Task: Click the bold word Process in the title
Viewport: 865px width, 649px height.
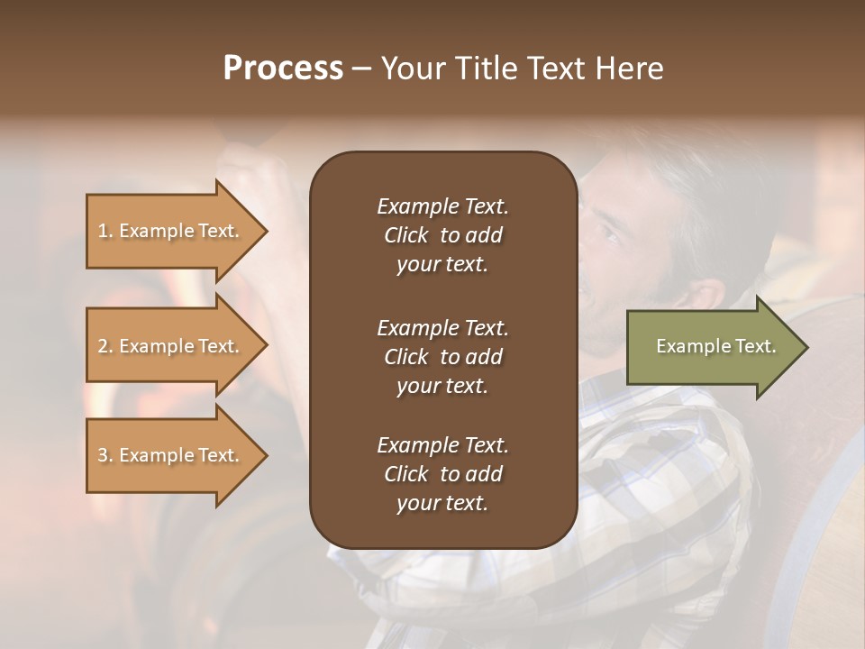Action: click(x=283, y=69)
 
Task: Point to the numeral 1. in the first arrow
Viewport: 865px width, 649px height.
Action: click(x=105, y=231)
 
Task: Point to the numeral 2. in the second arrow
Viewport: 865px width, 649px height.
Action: click(x=105, y=346)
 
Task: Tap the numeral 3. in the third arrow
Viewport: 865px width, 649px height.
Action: click(x=105, y=455)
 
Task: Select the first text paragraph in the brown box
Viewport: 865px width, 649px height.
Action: click(x=442, y=235)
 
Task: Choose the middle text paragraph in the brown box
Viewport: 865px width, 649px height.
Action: click(x=442, y=356)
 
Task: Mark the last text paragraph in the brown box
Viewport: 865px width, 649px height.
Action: click(x=442, y=474)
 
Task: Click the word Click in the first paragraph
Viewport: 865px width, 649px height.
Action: click(x=405, y=235)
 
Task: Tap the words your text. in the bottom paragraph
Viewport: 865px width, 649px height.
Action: click(x=442, y=504)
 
